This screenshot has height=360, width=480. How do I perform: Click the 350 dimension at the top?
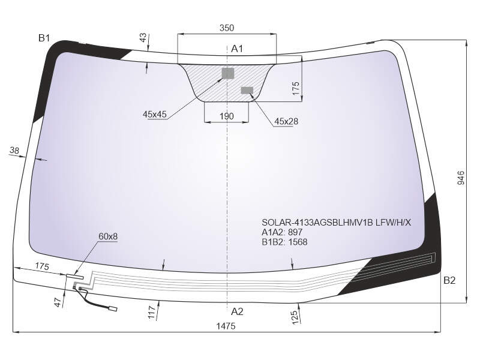[x=227, y=28]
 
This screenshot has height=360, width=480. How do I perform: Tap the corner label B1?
[x=44, y=38]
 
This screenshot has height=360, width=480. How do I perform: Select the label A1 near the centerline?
[x=237, y=49]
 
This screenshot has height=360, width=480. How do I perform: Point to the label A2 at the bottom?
[x=237, y=311]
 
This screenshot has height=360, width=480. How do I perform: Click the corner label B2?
[x=449, y=280]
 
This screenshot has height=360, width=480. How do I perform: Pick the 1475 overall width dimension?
[x=226, y=326]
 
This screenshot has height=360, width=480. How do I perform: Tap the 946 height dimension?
[x=460, y=178]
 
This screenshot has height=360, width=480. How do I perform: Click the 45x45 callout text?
[x=155, y=115]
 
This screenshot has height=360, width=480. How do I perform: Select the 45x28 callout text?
[x=286, y=122]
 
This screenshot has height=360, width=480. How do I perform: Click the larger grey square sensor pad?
[x=228, y=73]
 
